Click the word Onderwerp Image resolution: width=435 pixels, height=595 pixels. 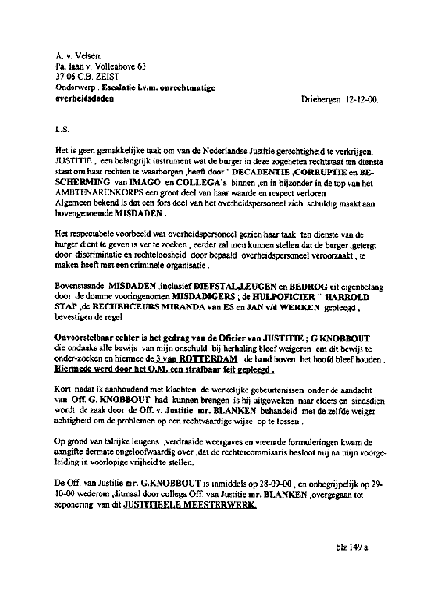click(73, 88)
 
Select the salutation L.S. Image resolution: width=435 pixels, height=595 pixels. click(63, 130)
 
